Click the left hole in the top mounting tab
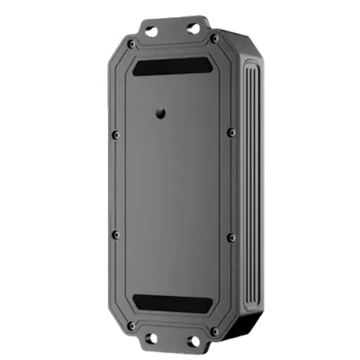(151, 31)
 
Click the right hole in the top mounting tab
(193, 28)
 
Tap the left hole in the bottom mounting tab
(152, 338)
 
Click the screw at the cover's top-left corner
(132, 44)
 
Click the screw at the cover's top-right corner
(214, 40)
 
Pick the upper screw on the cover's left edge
(115, 135)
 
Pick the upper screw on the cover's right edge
(231, 132)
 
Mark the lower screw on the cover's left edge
(115, 234)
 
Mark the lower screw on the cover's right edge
(231, 237)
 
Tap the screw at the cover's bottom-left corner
(132, 324)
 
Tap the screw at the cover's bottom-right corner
(214, 330)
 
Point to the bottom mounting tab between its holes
(173, 340)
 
